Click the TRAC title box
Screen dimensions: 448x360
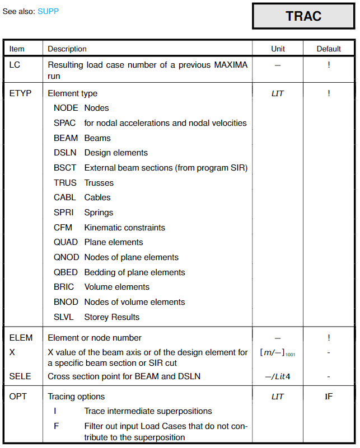coord(303,16)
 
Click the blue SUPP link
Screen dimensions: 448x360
coord(48,11)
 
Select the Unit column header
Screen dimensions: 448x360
coord(278,49)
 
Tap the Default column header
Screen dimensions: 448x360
coord(329,49)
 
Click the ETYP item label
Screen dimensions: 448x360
coord(21,93)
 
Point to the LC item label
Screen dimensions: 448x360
coord(15,65)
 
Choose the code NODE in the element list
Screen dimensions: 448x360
coord(66,108)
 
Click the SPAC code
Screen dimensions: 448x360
coord(65,123)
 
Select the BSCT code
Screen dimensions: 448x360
coord(66,168)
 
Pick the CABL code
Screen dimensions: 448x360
coord(65,197)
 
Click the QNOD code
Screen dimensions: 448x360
coord(66,257)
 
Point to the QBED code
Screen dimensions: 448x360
coord(66,272)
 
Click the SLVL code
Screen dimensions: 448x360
coord(64,317)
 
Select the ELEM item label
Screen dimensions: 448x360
coord(21,338)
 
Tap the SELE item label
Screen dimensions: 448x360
coord(21,376)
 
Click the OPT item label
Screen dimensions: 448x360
coord(18,397)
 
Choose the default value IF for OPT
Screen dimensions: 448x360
coord(329,397)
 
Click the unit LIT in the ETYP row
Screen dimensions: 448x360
coord(278,93)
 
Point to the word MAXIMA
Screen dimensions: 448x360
coord(231,65)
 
